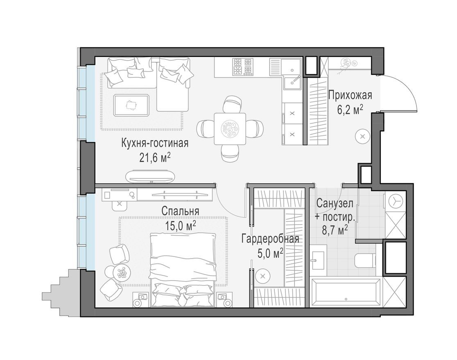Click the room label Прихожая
[x=350, y=96]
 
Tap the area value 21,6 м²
[x=155, y=158]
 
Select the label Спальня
[x=180, y=211]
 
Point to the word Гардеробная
[x=270, y=239]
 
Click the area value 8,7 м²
[x=335, y=228]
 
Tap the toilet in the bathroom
[x=364, y=261]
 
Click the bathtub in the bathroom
[x=346, y=292]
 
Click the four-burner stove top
[x=242, y=67]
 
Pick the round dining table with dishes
[x=229, y=128]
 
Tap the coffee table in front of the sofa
[x=131, y=105]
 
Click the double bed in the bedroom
[x=183, y=268]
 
